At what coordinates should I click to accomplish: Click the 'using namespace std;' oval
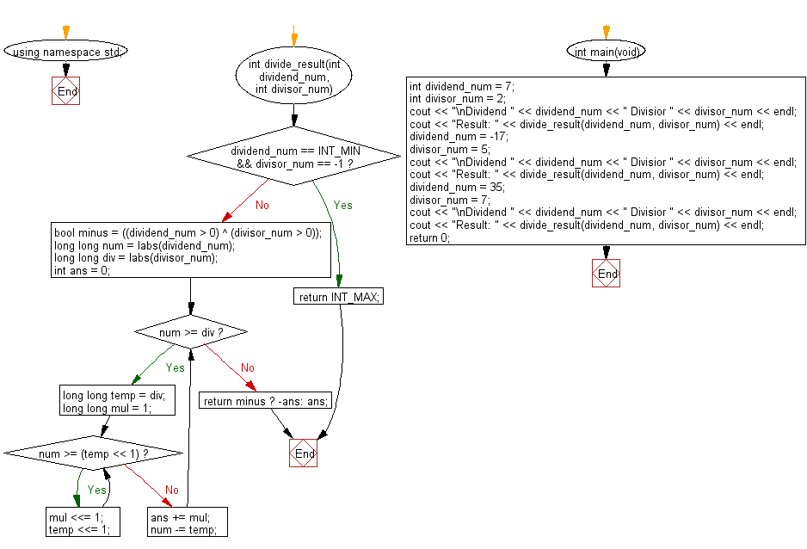[65, 52]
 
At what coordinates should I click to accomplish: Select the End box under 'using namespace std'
[65, 91]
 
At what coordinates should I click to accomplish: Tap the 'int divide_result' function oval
[294, 77]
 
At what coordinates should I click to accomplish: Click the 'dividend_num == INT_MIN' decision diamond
[294, 156]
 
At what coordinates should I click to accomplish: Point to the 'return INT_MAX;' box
[339, 297]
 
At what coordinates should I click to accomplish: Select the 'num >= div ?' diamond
[190, 332]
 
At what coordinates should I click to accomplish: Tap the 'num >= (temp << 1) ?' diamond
[94, 453]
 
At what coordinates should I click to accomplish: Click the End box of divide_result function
[304, 453]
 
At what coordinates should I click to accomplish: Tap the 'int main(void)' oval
[607, 52]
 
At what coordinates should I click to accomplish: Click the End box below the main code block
[607, 274]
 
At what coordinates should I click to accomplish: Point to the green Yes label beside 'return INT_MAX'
[342, 206]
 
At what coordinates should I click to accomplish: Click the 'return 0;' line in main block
[429, 237]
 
